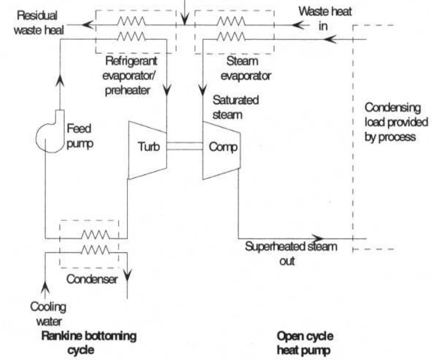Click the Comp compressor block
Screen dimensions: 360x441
coord(221,147)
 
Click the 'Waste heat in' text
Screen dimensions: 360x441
coord(325,18)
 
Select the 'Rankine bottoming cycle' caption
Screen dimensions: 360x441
coord(89,342)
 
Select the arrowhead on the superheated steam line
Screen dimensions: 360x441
coord(317,238)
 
